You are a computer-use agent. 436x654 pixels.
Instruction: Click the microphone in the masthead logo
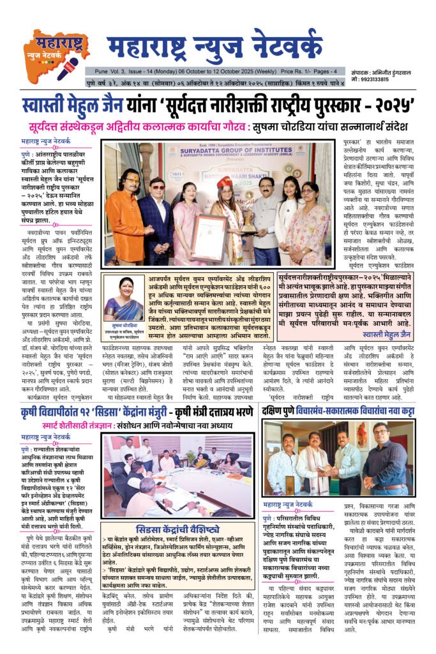[67, 65]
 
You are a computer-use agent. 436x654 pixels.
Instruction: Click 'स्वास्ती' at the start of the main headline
[45, 105]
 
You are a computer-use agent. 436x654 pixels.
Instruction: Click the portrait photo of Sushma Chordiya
[123, 300]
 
